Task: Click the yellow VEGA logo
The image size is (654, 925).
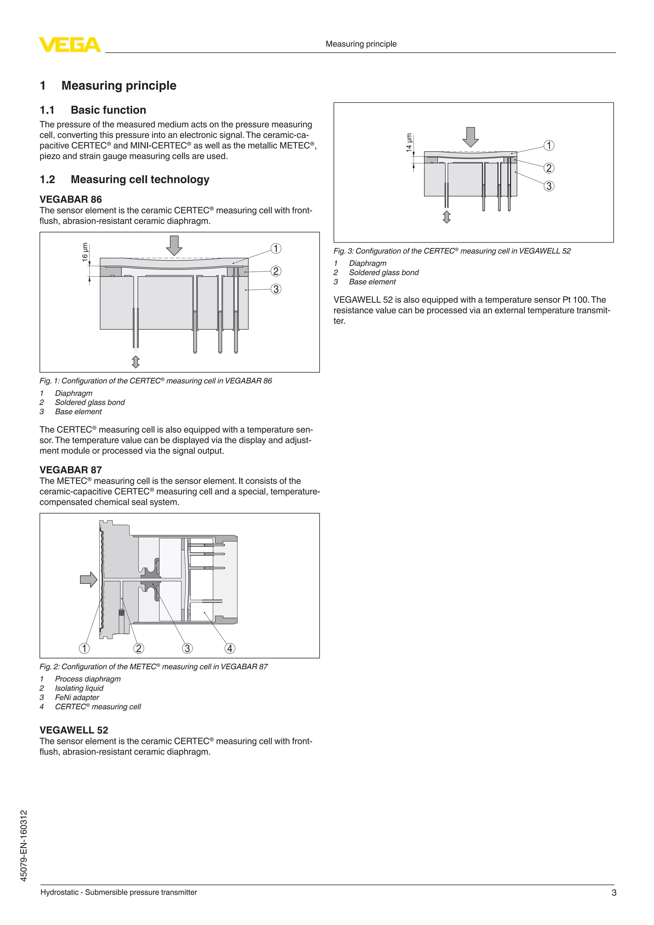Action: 69,44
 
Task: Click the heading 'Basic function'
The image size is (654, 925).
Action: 108,110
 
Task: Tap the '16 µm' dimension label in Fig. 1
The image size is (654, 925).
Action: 85,252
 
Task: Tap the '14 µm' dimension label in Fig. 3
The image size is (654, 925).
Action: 409,143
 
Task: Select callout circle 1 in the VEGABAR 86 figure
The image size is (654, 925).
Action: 276,248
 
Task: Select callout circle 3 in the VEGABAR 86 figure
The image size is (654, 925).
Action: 276,289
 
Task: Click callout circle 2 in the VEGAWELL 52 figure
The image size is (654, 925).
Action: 549,168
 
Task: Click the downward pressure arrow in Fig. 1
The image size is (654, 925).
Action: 174,245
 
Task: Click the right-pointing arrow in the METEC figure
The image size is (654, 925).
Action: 88,580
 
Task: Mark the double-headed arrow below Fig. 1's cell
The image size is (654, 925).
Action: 136,362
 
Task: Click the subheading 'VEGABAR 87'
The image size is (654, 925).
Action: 71,470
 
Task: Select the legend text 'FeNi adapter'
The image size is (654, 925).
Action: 77,697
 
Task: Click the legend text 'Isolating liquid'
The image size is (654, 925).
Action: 79,688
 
